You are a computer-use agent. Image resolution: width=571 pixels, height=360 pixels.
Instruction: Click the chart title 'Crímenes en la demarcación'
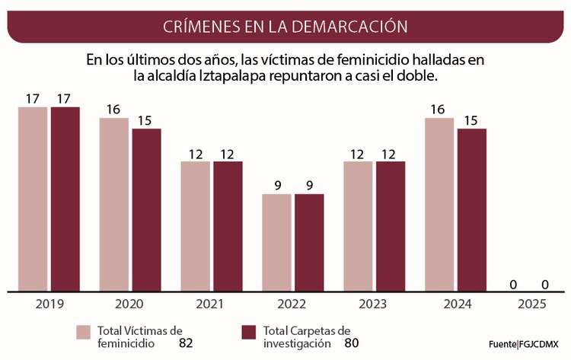click(285, 27)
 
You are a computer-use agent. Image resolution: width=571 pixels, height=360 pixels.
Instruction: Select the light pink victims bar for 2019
click(33, 198)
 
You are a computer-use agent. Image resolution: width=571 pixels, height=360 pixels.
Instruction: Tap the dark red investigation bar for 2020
click(146, 209)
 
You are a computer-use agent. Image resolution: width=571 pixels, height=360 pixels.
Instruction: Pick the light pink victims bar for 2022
click(277, 242)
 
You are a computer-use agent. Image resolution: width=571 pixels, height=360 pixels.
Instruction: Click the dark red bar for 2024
click(471, 209)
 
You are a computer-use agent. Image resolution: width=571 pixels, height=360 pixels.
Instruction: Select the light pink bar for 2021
click(196, 225)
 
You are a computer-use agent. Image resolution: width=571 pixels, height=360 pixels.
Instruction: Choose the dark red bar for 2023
click(391, 225)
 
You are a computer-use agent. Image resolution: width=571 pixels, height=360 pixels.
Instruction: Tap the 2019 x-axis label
click(49, 304)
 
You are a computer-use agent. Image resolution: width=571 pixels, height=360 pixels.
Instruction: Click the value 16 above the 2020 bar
click(113, 110)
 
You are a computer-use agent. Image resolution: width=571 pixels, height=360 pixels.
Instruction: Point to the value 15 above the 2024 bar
click(471, 120)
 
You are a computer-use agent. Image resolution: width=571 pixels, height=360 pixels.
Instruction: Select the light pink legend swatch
click(83, 333)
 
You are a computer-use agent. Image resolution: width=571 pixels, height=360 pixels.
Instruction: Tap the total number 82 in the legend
click(186, 343)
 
